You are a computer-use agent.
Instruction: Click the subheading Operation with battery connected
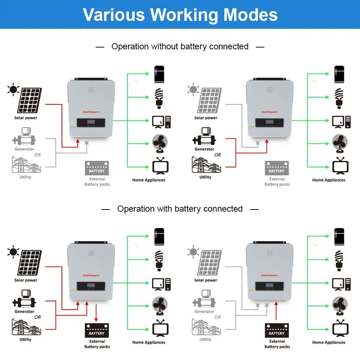coord(180,209)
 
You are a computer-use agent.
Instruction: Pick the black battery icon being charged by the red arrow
coord(96,330)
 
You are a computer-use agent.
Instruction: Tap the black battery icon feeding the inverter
coord(277,330)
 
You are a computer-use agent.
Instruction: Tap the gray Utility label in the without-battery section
coord(25,177)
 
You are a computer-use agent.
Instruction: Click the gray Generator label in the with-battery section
coord(204,311)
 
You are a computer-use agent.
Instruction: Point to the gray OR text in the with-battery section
coord(217,317)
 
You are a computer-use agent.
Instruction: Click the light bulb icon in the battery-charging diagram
coord(159,260)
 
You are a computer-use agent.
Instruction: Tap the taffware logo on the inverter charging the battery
coord(91,275)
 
